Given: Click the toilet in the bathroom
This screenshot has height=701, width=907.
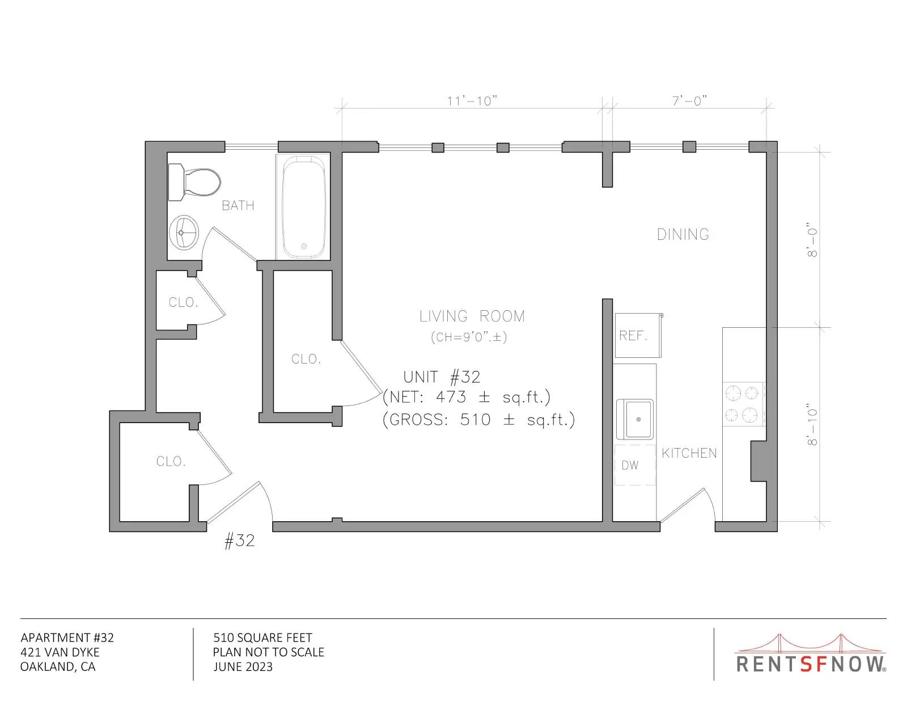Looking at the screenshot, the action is [194, 183].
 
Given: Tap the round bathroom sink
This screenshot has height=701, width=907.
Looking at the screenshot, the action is [184, 233].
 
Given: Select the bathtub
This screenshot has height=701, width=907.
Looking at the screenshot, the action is [303, 207].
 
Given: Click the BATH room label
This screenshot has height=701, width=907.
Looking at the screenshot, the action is [238, 205].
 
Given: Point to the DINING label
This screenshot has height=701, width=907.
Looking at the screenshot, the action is [683, 235].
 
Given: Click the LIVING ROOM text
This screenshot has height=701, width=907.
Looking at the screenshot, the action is [472, 316].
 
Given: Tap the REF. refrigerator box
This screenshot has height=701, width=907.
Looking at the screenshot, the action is [638, 335].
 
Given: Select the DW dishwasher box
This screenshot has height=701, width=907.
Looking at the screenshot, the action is [634, 464].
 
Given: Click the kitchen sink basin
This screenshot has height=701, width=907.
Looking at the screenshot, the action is [635, 419].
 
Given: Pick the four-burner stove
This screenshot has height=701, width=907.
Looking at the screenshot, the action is [743, 404].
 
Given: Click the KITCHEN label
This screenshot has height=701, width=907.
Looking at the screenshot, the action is [689, 453].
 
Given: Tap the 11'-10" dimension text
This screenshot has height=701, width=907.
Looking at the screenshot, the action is [472, 101].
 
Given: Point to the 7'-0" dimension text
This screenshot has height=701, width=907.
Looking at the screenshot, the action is [689, 100].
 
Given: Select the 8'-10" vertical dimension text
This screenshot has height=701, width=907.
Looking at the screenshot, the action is [812, 424].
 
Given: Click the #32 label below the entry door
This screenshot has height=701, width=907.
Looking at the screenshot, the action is [240, 540].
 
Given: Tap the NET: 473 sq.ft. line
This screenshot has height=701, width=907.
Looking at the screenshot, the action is [467, 396].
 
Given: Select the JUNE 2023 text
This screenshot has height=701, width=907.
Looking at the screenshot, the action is [243, 666].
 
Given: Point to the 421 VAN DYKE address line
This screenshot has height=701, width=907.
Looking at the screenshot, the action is [60, 652].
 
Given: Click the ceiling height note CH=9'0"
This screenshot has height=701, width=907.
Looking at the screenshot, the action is [469, 337].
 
